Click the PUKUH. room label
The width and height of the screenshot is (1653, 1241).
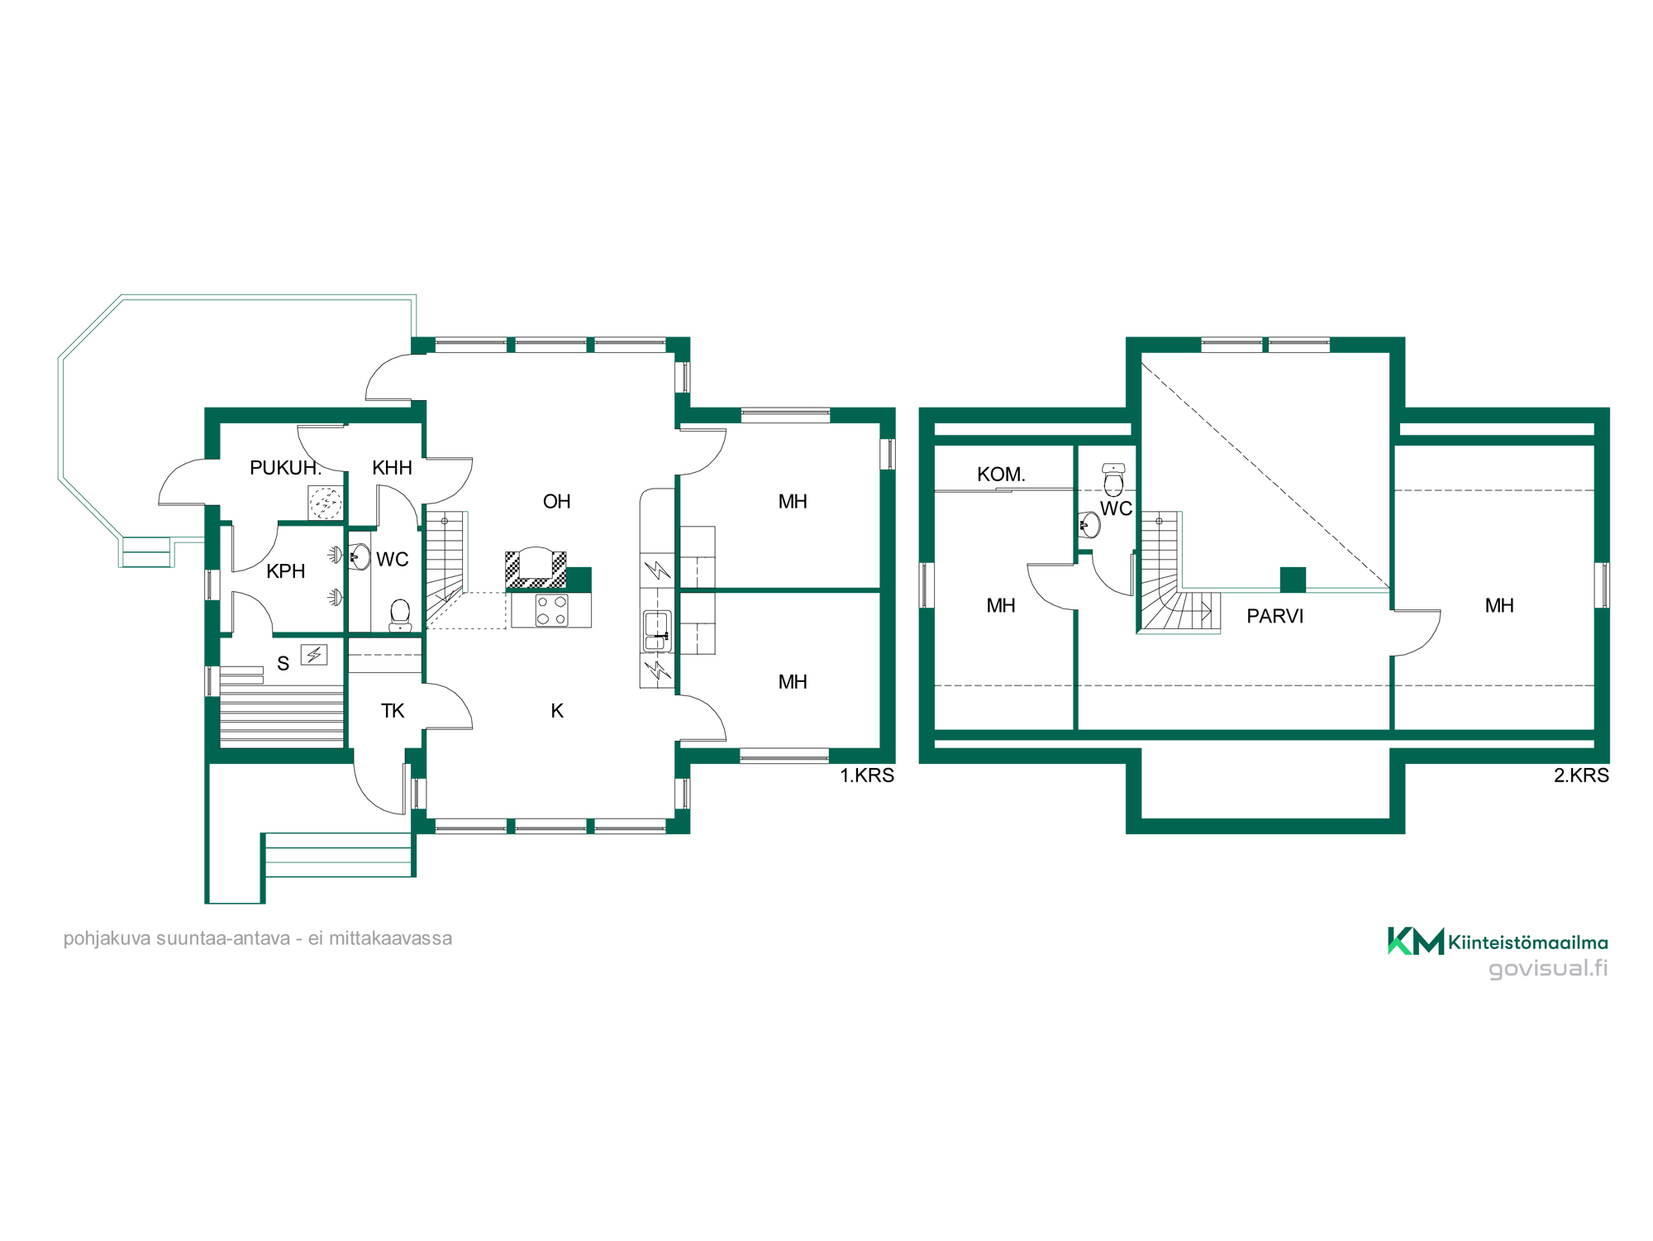coord(285,468)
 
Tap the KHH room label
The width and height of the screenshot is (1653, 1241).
coord(392,468)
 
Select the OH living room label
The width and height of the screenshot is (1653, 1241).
coord(556,502)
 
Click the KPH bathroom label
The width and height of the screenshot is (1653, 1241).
coord(286,571)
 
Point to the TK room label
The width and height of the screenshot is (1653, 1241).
coord(393,711)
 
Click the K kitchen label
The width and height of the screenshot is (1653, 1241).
coord(557,711)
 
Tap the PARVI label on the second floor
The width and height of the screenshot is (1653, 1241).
coord(1274,616)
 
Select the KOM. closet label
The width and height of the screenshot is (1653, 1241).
coord(1001,475)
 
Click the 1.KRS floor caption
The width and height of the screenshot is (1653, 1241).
coord(867,776)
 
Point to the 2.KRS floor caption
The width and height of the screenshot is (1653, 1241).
coord(1581,776)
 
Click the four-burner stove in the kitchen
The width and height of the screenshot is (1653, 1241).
coord(551,611)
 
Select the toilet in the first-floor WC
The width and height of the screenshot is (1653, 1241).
coord(400,615)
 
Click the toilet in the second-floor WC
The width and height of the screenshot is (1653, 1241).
coord(1113,480)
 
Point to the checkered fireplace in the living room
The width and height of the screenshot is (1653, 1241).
coord(536,569)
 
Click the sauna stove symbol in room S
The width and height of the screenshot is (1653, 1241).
coord(314,655)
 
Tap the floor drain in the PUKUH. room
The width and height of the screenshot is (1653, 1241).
coord(325,502)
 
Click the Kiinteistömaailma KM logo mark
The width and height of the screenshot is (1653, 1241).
coord(1416,941)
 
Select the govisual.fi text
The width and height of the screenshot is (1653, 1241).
coord(1548,968)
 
